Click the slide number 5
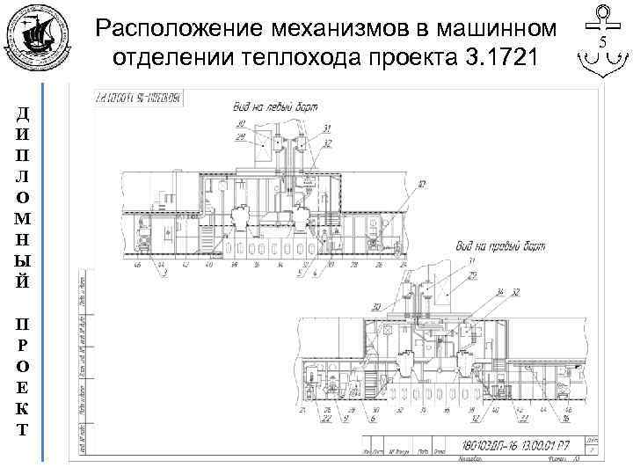click(603, 42)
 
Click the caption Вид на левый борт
click(270, 107)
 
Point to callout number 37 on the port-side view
click(422, 184)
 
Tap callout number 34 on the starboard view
click(500, 291)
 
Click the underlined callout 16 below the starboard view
click(567, 419)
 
